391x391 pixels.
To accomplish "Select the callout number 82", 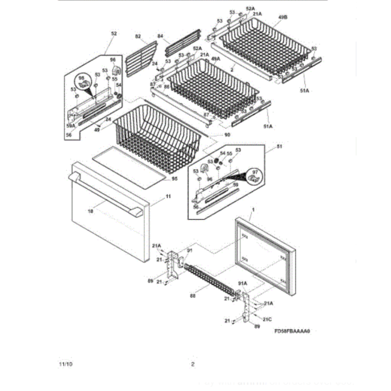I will pos(138,37).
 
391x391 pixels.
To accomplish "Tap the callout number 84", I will pos(160,37).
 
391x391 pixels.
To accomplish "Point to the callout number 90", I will pos(227,135).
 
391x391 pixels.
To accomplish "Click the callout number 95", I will pos(174,178).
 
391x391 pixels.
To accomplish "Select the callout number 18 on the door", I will pos(91,211).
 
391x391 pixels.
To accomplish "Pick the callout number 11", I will pos(168,197).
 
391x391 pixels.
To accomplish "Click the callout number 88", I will pos(192,295).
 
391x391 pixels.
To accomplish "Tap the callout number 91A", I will pos(244,284).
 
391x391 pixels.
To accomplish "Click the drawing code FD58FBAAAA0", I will pos(295,330).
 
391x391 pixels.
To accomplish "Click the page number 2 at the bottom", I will pos(192,365).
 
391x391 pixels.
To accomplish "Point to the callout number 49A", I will pos(215,59).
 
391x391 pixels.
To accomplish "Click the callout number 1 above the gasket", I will pos(253,208).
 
